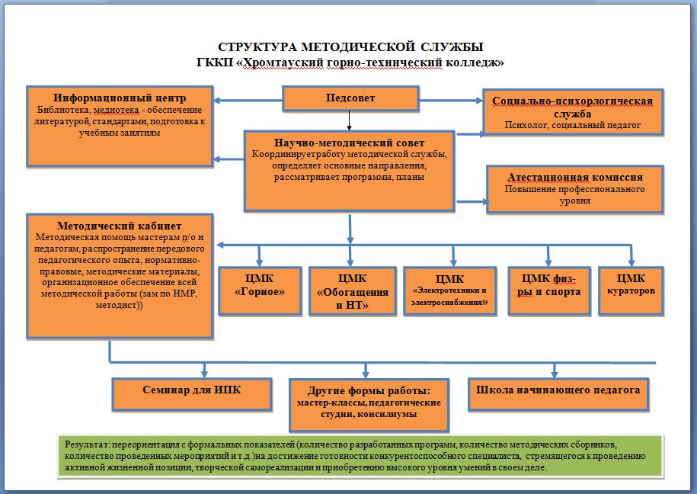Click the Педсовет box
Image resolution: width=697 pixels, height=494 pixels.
(350, 98)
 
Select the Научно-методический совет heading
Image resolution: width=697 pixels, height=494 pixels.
(349, 143)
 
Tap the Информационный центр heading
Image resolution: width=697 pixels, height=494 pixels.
(120, 98)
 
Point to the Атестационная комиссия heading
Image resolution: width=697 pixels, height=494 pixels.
(575, 177)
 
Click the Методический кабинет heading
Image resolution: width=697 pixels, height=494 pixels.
(119, 226)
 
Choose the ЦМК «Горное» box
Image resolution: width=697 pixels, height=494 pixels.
(260, 291)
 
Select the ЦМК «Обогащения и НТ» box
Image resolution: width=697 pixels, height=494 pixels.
(352, 291)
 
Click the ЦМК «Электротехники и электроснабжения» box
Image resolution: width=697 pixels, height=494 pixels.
(450, 291)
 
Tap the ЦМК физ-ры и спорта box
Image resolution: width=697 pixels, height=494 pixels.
(549, 291)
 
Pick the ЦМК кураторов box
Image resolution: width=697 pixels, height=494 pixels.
(631, 291)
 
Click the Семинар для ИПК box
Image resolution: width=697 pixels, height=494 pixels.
(192, 394)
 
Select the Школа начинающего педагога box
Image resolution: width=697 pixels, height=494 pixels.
(558, 394)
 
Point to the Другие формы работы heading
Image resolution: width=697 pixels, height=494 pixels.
(369, 391)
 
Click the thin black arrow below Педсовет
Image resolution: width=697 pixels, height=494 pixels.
(350, 120)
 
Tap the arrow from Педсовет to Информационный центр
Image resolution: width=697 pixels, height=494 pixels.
(248, 101)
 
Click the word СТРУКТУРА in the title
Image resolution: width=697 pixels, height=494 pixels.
(257, 47)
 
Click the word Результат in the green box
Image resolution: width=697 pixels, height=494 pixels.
(87, 444)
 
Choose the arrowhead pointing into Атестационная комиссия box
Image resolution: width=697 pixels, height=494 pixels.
(485, 201)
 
